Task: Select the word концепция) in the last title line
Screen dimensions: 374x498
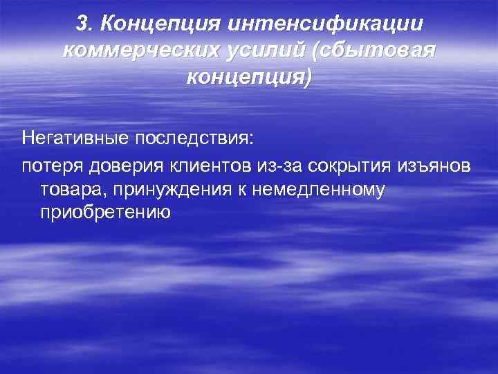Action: (249, 76)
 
